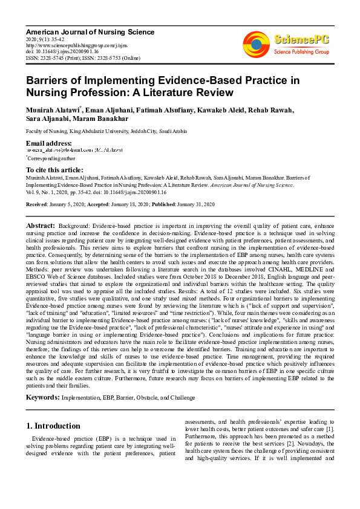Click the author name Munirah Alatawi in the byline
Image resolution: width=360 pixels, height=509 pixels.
pos(51,111)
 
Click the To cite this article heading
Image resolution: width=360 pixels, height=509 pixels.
pos(54,170)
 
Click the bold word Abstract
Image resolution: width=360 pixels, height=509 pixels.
pos(40,224)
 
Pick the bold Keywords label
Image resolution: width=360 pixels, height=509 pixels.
pos(42,397)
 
